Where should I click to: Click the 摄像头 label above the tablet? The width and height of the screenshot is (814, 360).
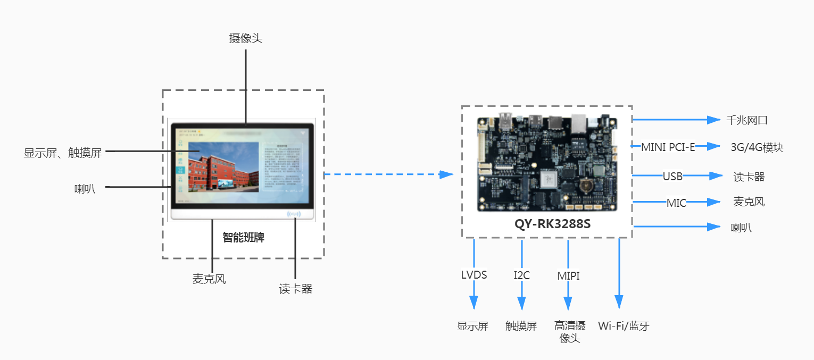[245, 38]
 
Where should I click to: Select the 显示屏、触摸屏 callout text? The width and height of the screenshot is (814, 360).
[62, 153]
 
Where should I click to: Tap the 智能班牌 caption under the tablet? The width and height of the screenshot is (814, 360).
[243, 238]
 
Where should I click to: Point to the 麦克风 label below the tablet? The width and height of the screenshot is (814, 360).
[209, 279]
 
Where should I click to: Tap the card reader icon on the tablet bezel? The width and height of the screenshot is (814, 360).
[294, 214]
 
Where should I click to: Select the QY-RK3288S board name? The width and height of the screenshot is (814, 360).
[552, 224]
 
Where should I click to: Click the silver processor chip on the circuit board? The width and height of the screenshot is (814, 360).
[549, 180]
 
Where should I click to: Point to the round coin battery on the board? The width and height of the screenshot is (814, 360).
[586, 185]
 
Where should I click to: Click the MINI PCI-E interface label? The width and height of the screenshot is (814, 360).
[668, 147]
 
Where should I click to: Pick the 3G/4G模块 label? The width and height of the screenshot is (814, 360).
[757, 148]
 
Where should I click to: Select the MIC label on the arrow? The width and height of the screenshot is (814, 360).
[676, 203]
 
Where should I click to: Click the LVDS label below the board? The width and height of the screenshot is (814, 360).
[474, 275]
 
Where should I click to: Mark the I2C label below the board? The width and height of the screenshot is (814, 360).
[521, 275]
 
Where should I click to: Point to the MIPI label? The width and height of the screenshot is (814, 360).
[568, 275]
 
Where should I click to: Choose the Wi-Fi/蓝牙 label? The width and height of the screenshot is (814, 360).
[624, 326]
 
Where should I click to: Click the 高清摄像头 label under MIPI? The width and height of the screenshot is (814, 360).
[570, 332]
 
